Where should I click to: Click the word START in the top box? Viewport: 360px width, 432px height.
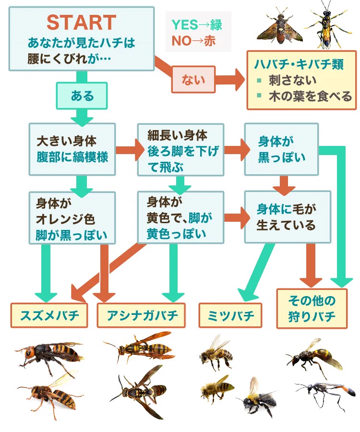[x=81, y=22]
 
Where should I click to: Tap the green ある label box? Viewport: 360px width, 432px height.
[x=82, y=96]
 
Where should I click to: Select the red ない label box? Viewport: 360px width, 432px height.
[x=193, y=79]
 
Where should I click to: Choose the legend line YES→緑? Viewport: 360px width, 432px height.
[x=197, y=24]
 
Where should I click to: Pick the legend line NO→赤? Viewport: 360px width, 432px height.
[x=194, y=41]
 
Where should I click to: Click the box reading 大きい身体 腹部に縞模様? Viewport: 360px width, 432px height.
[x=72, y=149]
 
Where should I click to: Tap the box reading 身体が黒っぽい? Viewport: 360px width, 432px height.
[x=281, y=149]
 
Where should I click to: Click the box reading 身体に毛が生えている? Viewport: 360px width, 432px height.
[x=287, y=217]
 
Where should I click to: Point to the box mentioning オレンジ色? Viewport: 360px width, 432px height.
[x=72, y=218]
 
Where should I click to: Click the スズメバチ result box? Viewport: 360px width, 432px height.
[x=49, y=315]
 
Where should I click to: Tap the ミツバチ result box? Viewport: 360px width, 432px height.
[x=230, y=315]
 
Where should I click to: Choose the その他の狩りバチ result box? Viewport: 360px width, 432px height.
[x=312, y=309]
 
